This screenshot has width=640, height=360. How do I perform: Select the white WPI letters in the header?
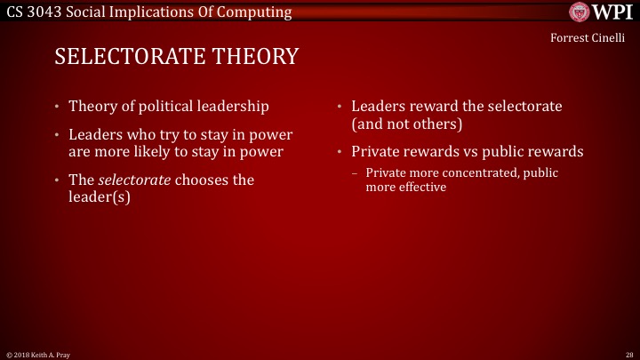coord(612,12)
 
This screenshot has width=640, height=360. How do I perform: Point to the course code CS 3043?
coord(36,11)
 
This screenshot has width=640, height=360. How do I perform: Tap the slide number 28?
coord(628,354)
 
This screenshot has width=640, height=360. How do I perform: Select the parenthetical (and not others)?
coord(407,124)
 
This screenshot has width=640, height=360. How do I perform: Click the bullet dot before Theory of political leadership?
coord(57,107)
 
